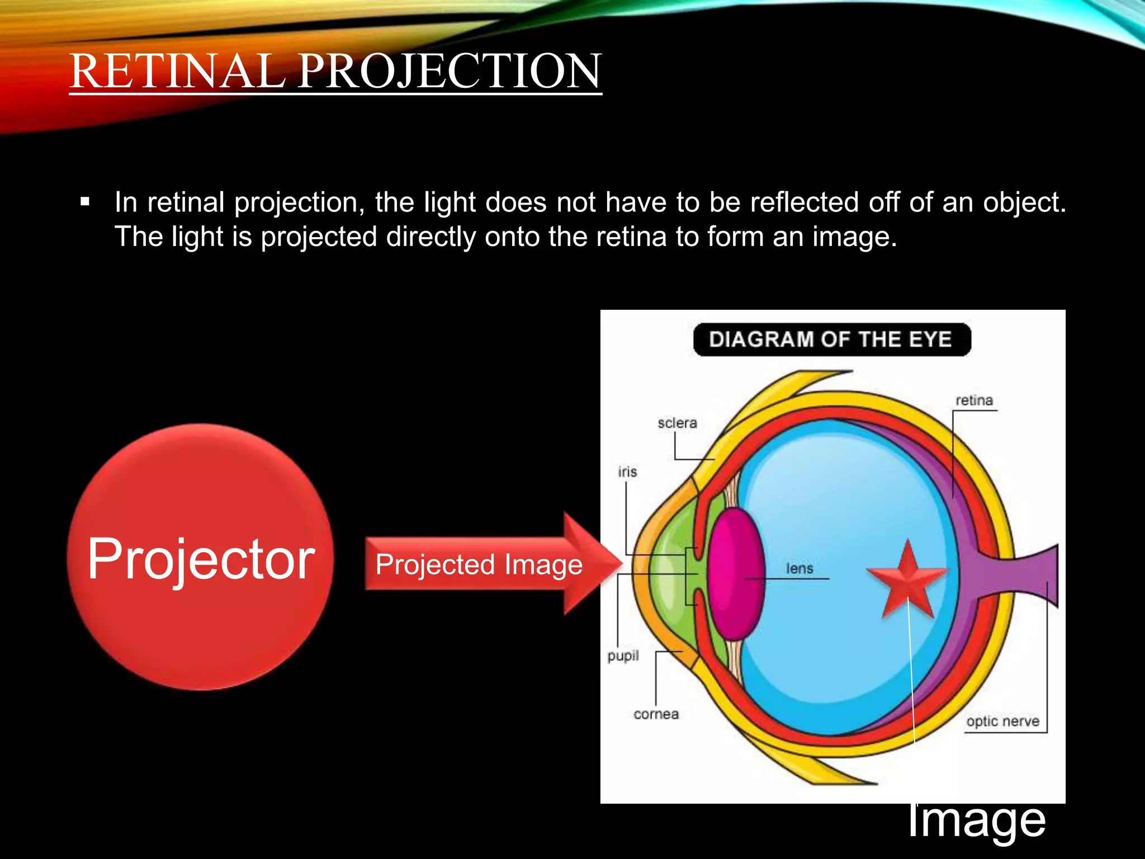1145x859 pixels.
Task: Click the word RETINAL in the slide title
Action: click(x=178, y=71)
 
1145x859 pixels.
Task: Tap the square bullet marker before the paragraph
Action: click(x=85, y=202)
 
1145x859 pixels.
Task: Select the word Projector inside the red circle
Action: click(x=201, y=559)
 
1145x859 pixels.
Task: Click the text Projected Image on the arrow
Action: click(x=479, y=564)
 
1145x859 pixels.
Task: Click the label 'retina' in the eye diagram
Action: click(x=974, y=400)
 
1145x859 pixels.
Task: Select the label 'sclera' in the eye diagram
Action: click(x=677, y=423)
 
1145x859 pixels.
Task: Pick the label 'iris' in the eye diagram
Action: click(x=627, y=472)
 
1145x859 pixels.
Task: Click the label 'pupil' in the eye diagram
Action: click(x=623, y=655)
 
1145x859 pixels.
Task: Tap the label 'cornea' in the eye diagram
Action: click(x=656, y=714)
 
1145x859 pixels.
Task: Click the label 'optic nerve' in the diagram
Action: click(x=1002, y=721)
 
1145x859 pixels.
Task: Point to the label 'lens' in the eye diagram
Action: click(x=799, y=569)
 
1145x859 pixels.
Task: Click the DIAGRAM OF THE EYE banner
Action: click(x=831, y=339)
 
